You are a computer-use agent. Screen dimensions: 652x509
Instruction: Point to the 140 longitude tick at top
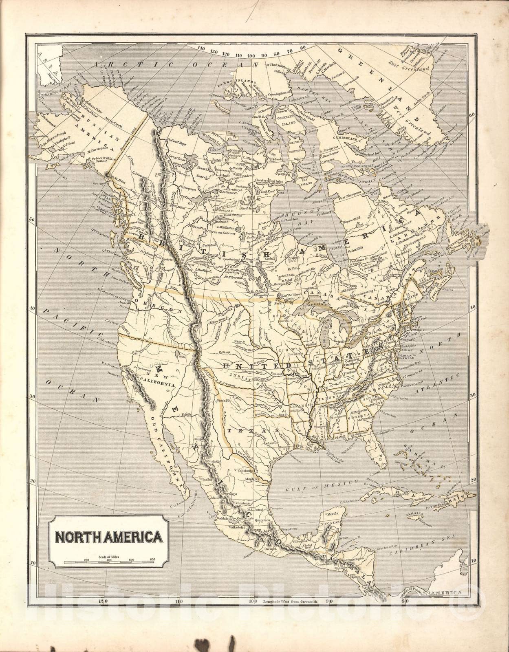[201, 48]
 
